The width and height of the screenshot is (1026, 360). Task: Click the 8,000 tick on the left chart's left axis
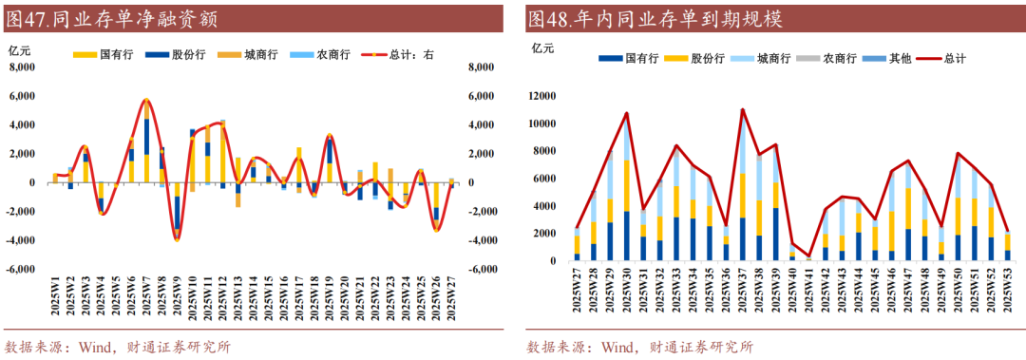click(x=22, y=67)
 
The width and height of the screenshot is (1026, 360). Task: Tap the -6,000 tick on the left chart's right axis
click(x=482, y=269)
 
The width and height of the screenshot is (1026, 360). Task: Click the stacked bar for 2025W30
click(x=626, y=190)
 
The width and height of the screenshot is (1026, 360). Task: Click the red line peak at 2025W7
click(x=146, y=99)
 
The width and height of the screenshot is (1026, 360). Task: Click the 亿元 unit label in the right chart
click(x=542, y=47)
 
